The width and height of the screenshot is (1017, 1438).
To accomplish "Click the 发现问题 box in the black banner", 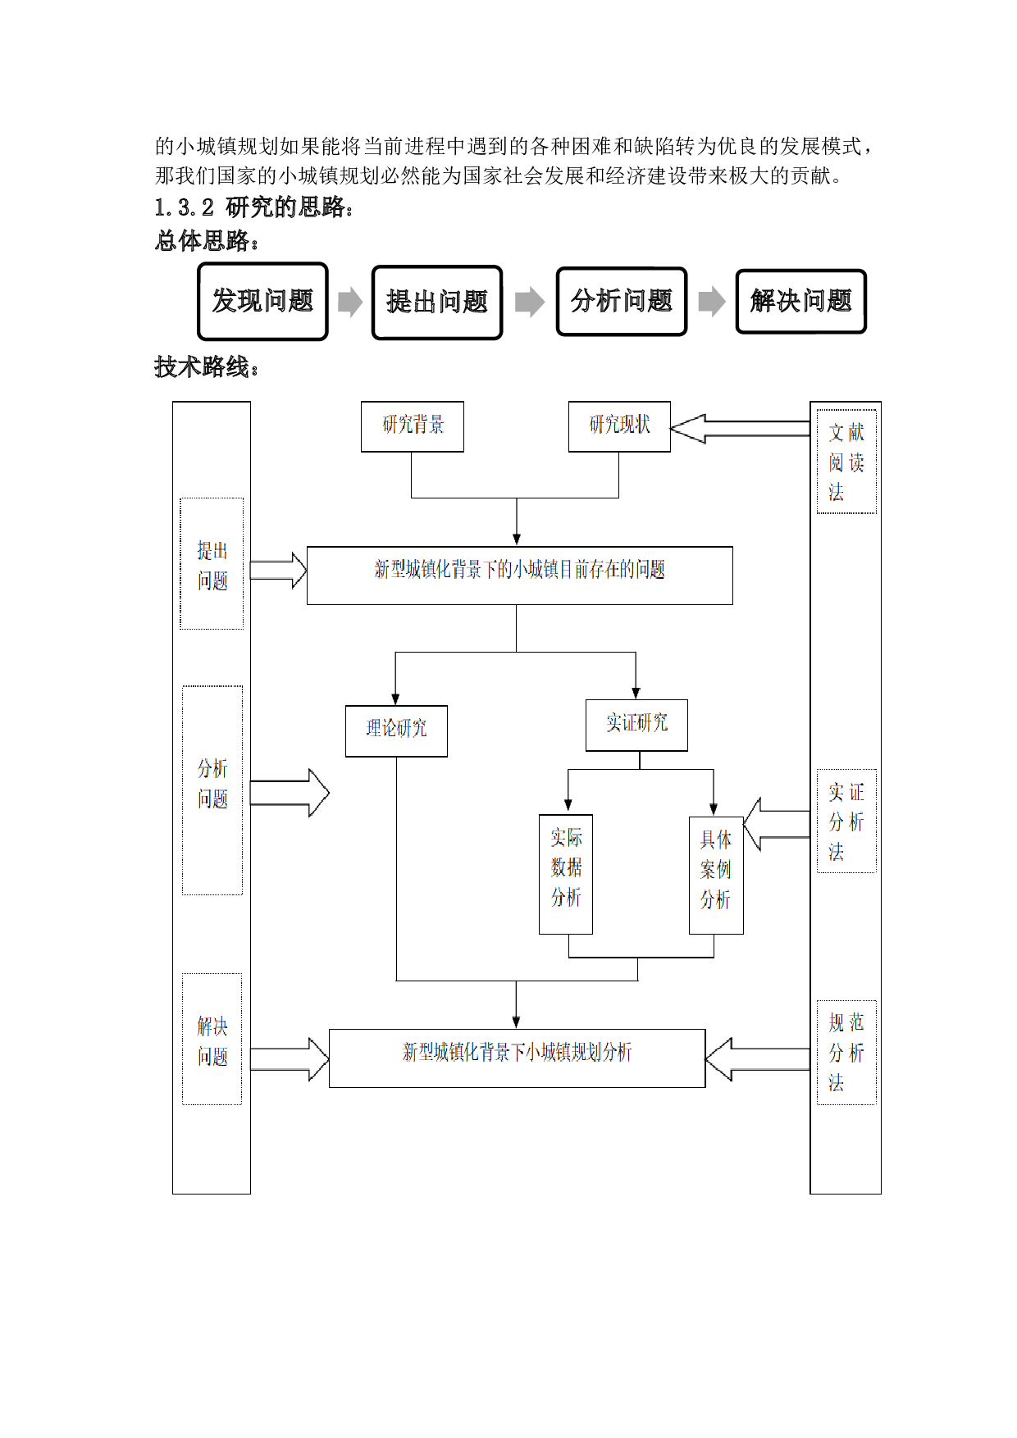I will point(262,301).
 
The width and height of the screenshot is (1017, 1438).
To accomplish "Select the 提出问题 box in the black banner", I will point(437,302).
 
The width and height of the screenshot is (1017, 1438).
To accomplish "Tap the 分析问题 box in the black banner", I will point(622,301).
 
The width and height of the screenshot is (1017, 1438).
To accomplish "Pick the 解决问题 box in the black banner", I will point(801,301).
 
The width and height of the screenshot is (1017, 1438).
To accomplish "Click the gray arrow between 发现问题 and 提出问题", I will point(350,302).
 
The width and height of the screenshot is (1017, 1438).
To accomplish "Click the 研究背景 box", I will point(413,426).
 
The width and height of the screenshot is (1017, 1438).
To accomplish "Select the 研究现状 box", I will point(619,426).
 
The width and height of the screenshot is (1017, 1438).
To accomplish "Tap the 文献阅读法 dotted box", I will point(846,462).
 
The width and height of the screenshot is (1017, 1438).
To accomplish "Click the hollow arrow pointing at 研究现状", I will point(738,428).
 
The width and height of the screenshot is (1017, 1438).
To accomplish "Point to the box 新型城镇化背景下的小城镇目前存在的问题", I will point(519,576).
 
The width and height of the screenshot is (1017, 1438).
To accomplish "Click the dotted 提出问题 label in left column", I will point(212,564).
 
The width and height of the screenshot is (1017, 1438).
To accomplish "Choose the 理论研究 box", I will point(396,730).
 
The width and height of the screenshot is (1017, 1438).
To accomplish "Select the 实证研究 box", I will point(636,725).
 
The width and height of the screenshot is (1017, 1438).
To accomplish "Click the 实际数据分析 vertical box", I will point(566,874).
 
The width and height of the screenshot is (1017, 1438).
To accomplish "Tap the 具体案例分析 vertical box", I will point(716,876).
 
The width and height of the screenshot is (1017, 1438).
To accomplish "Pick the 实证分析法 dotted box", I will point(846,821).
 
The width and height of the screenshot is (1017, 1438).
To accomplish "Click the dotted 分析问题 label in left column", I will point(212,790).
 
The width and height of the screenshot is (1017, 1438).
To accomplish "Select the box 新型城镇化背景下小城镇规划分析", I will point(517,1058).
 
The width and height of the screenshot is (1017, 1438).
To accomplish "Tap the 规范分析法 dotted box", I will point(846,1052).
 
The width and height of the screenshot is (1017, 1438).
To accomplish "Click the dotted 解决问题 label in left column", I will point(212,1039).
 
